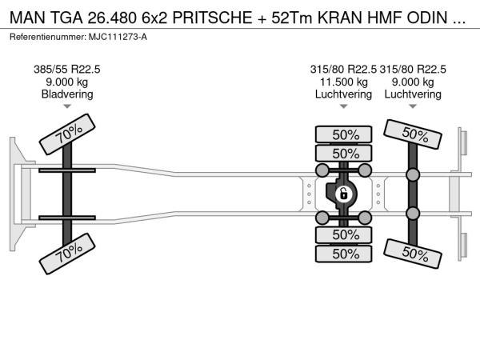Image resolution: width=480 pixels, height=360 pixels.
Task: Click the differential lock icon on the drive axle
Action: [x=343, y=194]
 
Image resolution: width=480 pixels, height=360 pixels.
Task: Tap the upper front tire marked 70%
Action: [x=67, y=134]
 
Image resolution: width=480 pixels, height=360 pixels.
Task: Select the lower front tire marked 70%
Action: [x=67, y=254]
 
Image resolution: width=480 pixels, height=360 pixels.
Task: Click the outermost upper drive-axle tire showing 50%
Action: [x=343, y=134]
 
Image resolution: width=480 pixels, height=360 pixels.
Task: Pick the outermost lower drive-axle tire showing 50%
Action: [x=343, y=254]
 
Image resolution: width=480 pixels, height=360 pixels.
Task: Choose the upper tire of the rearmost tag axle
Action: [x=413, y=134]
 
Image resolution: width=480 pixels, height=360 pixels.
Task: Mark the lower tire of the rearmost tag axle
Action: [x=413, y=254]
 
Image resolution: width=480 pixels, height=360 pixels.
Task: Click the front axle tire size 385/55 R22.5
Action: [x=67, y=70]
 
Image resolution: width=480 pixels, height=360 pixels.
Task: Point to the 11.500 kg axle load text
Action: [x=343, y=82]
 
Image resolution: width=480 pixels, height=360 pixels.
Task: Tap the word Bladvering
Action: [x=67, y=94]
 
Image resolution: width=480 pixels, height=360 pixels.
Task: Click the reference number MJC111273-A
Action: [x=118, y=37]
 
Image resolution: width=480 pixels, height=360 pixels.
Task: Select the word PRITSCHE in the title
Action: [x=213, y=18]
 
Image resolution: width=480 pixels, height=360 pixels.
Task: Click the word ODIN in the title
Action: [x=427, y=18]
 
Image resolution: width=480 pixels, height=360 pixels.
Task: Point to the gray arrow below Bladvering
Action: [x=67, y=106]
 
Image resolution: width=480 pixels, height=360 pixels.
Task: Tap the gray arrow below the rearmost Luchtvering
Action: [x=413, y=106]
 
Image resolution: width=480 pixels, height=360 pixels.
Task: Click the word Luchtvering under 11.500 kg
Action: [x=343, y=94]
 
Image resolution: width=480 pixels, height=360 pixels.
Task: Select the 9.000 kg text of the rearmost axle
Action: [x=413, y=82]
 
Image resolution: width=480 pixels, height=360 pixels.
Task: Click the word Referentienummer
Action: [x=48, y=37]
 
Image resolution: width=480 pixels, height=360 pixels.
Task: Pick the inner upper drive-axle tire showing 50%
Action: [x=343, y=153]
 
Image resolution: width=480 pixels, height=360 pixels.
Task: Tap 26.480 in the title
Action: [x=112, y=18]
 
